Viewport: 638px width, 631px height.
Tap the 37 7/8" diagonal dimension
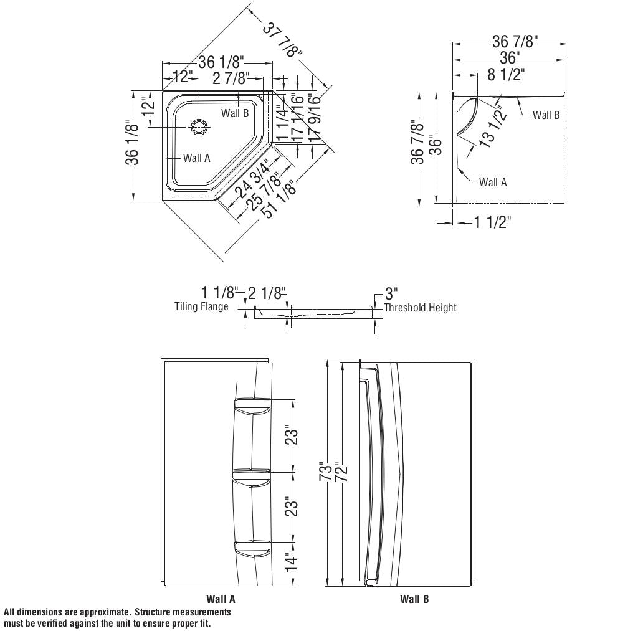(x=283, y=40)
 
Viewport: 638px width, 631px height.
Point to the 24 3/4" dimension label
(x=252, y=179)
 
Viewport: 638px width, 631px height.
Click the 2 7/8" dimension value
(x=231, y=78)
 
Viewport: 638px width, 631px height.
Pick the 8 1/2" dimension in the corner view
(x=506, y=75)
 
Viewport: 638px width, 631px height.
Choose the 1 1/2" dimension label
(x=492, y=222)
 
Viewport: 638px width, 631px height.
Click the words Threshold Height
(x=420, y=308)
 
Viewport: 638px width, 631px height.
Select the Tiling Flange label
(x=201, y=306)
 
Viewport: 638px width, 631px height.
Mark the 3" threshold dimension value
(x=391, y=293)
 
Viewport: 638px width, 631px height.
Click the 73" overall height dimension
(x=323, y=472)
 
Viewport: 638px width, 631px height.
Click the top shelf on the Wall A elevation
(x=252, y=406)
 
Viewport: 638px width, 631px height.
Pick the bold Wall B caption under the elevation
(x=414, y=599)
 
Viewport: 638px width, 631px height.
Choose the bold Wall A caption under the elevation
(x=221, y=599)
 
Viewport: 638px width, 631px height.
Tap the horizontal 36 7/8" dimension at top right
(x=515, y=42)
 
